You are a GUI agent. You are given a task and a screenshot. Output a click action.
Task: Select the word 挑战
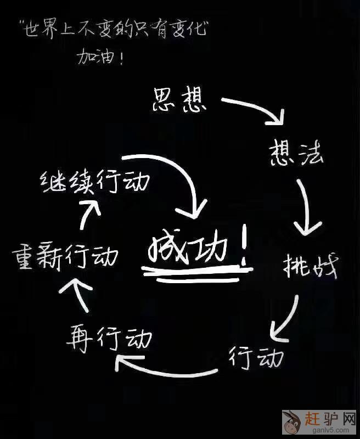tap(310, 267)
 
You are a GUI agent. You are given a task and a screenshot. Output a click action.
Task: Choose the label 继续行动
tap(94, 182)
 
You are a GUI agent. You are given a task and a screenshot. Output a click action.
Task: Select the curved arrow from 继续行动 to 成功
tap(176, 176)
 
